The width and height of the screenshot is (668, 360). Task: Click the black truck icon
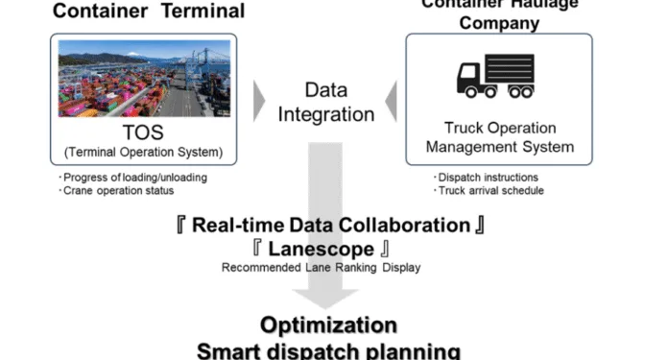[496, 76]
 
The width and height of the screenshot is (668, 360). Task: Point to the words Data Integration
[326, 102]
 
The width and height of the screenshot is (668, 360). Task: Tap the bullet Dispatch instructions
[487, 177]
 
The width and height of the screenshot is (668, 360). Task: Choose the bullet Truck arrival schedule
[489, 189]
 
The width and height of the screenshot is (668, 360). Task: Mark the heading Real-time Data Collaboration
[330, 226]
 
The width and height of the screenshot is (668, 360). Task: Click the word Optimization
[328, 324]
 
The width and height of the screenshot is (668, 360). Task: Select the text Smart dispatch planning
[328, 349]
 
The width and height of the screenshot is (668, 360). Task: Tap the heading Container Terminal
[148, 12]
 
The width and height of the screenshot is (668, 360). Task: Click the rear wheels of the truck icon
[520, 92]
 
